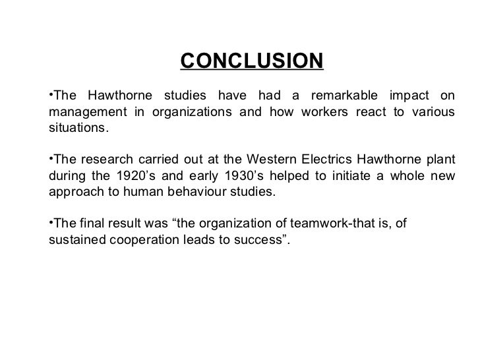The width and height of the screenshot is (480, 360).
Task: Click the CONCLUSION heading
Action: (252, 62)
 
